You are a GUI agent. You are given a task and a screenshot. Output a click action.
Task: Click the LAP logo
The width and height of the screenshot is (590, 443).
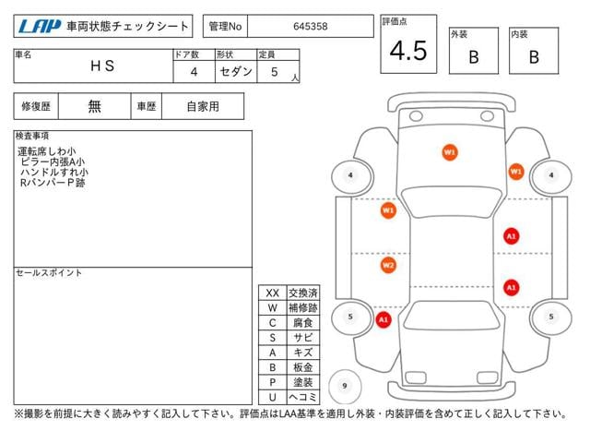tap(40, 26)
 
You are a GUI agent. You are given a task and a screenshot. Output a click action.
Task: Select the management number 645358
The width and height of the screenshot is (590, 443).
tap(311, 27)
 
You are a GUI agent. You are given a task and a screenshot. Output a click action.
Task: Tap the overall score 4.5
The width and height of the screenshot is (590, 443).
tap(408, 51)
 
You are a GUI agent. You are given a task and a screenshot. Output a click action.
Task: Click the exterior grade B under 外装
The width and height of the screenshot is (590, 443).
tap(474, 57)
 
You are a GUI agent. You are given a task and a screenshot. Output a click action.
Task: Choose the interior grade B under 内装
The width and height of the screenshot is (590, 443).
tap(534, 57)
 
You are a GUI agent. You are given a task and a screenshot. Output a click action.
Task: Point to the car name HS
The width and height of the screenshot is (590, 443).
tap(102, 66)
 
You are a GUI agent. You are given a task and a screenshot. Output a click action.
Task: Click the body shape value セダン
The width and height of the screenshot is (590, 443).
tap(236, 71)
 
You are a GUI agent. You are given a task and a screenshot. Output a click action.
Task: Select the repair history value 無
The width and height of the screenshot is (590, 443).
tap(94, 107)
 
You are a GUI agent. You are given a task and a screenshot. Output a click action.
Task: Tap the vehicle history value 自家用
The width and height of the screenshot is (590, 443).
tap(203, 107)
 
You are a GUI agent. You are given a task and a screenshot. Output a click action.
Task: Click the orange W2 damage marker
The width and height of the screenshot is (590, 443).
tap(388, 265)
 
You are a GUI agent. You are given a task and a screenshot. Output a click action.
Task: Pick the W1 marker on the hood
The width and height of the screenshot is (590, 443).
tap(450, 152)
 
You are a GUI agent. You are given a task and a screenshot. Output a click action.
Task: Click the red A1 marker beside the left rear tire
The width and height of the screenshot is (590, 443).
tap(383, 320)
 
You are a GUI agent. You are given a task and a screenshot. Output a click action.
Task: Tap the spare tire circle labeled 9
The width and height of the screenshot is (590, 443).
tap(345, 386)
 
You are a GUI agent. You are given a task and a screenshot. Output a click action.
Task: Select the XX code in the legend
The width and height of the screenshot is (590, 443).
tap(273, 293)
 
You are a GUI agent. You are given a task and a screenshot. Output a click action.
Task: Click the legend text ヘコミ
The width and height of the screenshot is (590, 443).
tap(303, 397)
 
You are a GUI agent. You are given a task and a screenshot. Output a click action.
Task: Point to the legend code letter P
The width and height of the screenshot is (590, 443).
tap(273, 382)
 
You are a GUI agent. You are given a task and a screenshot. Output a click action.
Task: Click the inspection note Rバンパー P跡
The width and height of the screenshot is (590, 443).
tap(53, 183)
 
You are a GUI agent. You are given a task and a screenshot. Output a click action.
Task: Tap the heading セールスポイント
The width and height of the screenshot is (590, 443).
tap(49, 273)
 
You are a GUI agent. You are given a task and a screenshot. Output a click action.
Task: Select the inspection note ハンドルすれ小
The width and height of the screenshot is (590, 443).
tap(54, 173)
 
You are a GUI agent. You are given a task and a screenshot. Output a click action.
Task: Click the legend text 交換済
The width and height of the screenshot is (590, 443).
tap(303, 293)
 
